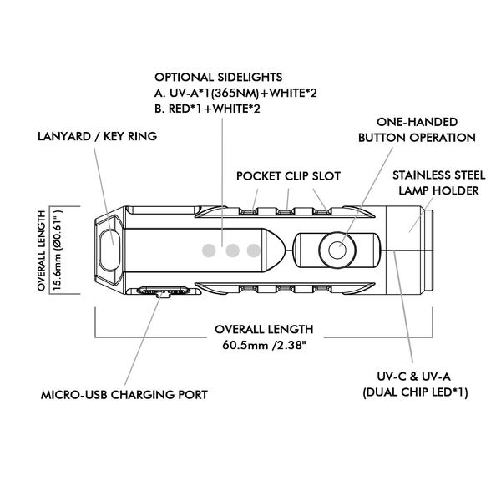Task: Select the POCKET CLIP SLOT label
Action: click(x=288, y=176)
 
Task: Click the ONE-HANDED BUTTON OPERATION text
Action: click(x=415, y=129)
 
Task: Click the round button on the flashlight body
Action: click(x=337, y=249)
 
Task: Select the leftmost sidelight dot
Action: click(x=210, y=249)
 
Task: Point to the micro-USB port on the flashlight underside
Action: click(x=159, y=292)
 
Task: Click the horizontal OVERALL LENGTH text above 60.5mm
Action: click(x=264, y=328)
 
